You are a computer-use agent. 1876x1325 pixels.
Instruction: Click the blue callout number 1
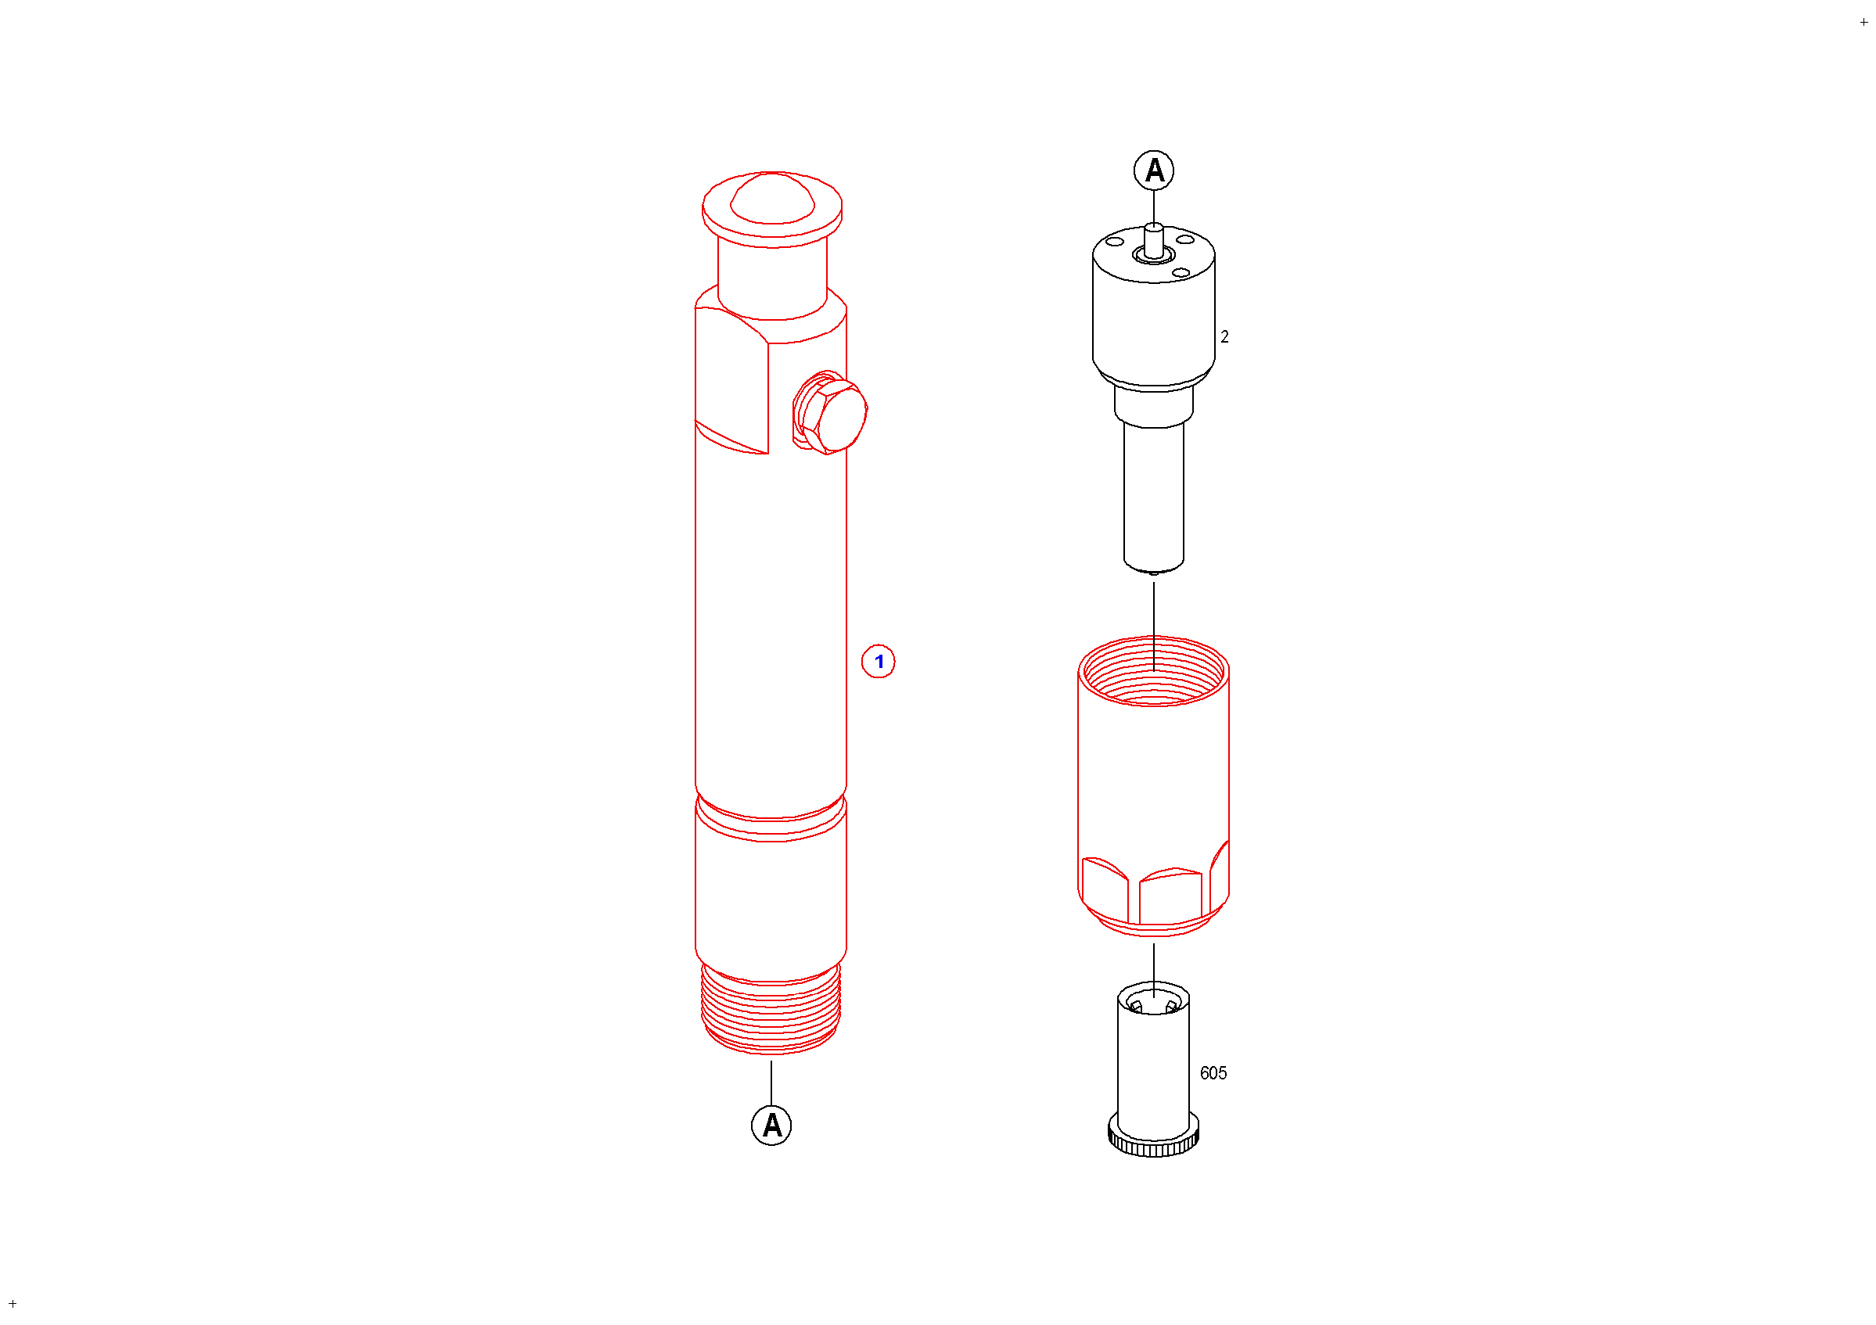[x=879, y=662]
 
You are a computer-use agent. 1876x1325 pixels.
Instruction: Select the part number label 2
[x=1224, y=336]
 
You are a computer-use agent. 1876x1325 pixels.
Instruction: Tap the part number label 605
[x=1213, y=1073]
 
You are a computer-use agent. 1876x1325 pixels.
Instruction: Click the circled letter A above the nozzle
[x=1154, y=170]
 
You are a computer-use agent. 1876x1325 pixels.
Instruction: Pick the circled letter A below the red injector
[x=771, y=1126]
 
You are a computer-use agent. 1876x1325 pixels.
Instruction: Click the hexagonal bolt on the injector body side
[x=830, y=412]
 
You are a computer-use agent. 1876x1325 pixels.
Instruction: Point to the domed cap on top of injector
[x=772, y=199]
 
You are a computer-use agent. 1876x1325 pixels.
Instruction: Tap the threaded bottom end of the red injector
[x=771, y=1010]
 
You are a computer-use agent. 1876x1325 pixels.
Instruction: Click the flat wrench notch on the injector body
[x=731, y=380]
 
